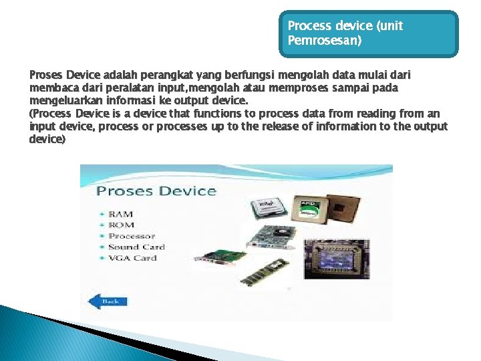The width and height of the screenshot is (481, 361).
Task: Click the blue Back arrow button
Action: click(108, 301)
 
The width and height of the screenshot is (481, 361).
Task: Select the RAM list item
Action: click(121, 214)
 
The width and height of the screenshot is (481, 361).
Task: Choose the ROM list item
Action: click(121, 225)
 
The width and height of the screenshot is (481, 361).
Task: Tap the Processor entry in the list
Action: click(132, 236)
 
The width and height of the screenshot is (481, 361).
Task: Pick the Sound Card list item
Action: click(136, 247)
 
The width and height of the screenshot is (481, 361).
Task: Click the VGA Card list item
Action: click(132, 258)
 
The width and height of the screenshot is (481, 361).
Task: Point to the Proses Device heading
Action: click(156, 191)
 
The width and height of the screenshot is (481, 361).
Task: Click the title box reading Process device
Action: click(369, 33)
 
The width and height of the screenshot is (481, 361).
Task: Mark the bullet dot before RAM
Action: click(102, 215)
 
